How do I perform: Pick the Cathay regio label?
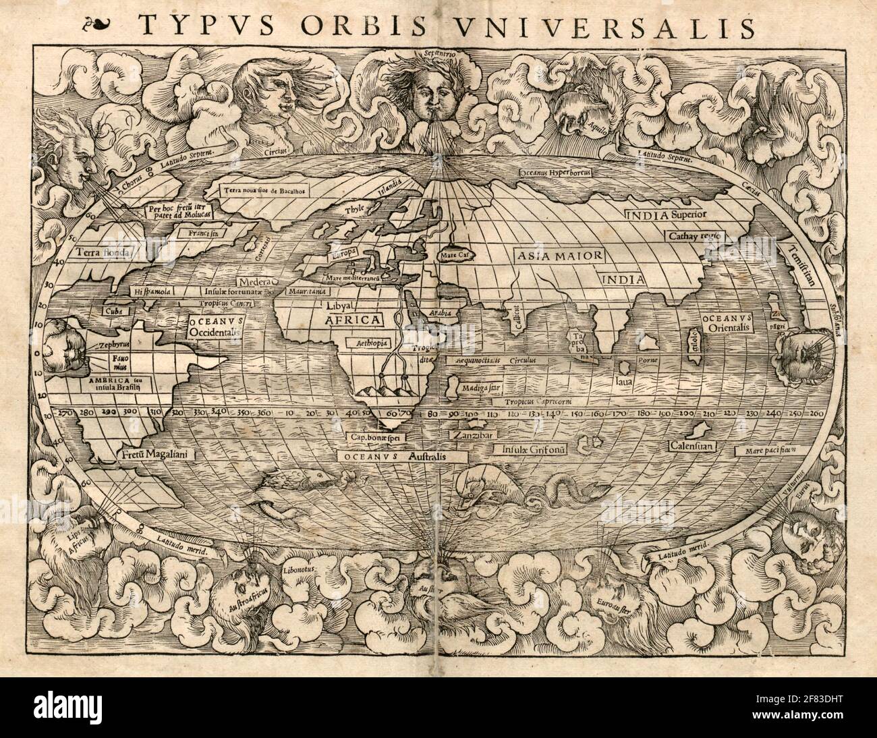click(x=695, y=236)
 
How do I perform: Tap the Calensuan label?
click(x=691, y=446)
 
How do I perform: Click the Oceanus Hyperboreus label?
click(x=555, y=173)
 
